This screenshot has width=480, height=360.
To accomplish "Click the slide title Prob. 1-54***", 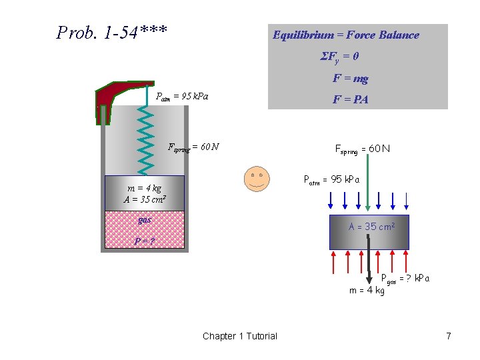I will coord(112,32).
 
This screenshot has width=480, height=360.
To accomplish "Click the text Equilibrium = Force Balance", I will coord(346,35).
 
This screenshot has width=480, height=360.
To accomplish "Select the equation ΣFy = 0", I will coord(340,57).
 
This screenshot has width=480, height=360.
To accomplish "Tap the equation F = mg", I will coord(351,79).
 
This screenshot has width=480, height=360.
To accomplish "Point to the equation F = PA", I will coord(351,100).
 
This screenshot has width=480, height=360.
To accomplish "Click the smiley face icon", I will coord(256,178).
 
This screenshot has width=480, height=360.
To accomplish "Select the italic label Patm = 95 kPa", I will coord(182,97).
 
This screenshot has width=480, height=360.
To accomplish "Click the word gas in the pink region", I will coord(145,219).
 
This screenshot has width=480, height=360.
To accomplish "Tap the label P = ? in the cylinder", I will coord(143,241).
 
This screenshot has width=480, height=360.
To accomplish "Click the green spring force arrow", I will coord(367,187).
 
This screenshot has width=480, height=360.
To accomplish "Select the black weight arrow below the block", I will coord(369,267).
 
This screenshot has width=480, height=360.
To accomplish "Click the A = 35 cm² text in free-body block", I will coord(372,227).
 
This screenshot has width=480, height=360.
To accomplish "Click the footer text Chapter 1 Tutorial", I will coord(240,336).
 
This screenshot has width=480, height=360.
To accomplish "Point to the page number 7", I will coord(449,336).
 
